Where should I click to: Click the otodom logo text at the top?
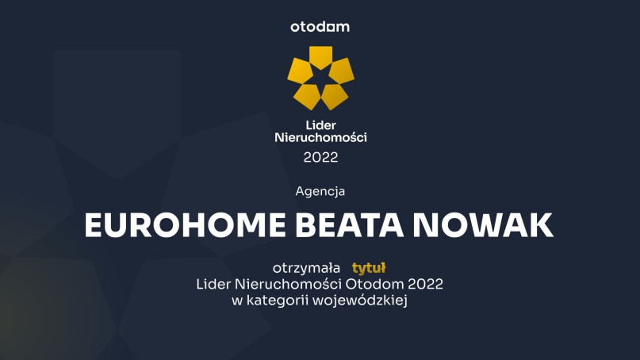point(320,27)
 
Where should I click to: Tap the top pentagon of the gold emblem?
point(320,56)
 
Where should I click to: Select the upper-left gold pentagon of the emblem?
point(300,71)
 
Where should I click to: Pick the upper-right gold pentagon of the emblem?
point(341,71)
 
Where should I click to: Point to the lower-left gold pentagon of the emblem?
point(308,96)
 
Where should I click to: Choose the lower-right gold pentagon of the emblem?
point(335,96)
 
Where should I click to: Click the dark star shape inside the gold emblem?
point(321,78)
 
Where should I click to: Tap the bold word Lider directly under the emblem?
point(320,125)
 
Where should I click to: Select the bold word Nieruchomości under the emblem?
point(320,137)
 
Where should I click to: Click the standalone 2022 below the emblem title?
point(320,157)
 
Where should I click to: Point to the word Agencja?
point(320,192)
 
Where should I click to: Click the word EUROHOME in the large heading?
point(185,225)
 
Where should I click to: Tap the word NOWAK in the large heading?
point(483,225)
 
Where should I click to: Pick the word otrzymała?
point(306,268)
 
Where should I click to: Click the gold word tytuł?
point(369,268)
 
